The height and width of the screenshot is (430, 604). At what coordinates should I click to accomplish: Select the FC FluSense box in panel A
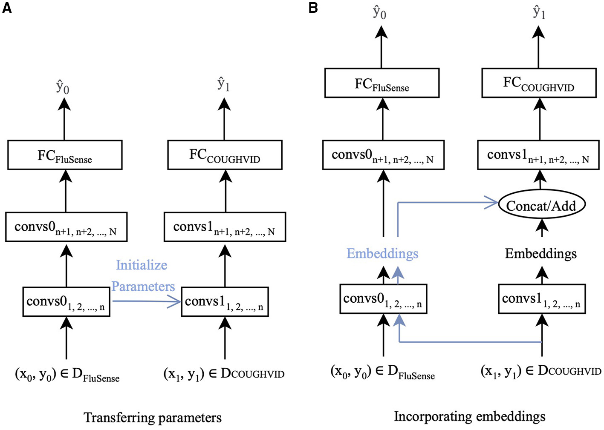pyautogui.click(x=65, y=155)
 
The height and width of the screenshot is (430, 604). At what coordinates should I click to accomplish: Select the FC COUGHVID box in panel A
pyautogui.click(x=225, y=155)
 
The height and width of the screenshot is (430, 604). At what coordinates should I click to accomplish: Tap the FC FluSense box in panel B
pyautogui.click(x=382, y=83)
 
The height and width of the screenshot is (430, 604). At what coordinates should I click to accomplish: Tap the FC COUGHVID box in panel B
pyautogui.click(x=539, y=83)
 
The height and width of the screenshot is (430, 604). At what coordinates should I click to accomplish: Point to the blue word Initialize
pyautogui.click(x=142, y=265)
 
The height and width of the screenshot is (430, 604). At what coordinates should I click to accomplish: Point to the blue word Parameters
pyautogui.click(x=143, y=286)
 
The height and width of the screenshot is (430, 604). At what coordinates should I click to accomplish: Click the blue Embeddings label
pyautogui.click(x=382, y=253)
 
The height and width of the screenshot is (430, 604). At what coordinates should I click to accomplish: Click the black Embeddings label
pyautogui.click(x=540, y=253)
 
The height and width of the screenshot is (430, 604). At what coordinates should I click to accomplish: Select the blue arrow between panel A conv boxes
pyautogui.click(x=145, y=301)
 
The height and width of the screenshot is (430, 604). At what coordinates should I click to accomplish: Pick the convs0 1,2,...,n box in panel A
pyautogui.click(x=66, y=302)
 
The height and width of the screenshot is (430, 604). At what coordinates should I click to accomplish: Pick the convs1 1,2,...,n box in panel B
pyautogui.click(x=542, y=299)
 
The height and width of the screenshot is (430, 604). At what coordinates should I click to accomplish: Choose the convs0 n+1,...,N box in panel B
pyautogui.click(x=383, y=155)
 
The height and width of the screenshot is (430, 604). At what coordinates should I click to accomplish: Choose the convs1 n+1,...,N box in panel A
pyautogui.click(x=225, y=227)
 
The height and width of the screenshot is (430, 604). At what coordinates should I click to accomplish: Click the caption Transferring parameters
pyautogui.click(x=153, y=417)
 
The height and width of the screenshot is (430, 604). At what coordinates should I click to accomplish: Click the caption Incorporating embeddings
pyautogui.click(x=469, y=416)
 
